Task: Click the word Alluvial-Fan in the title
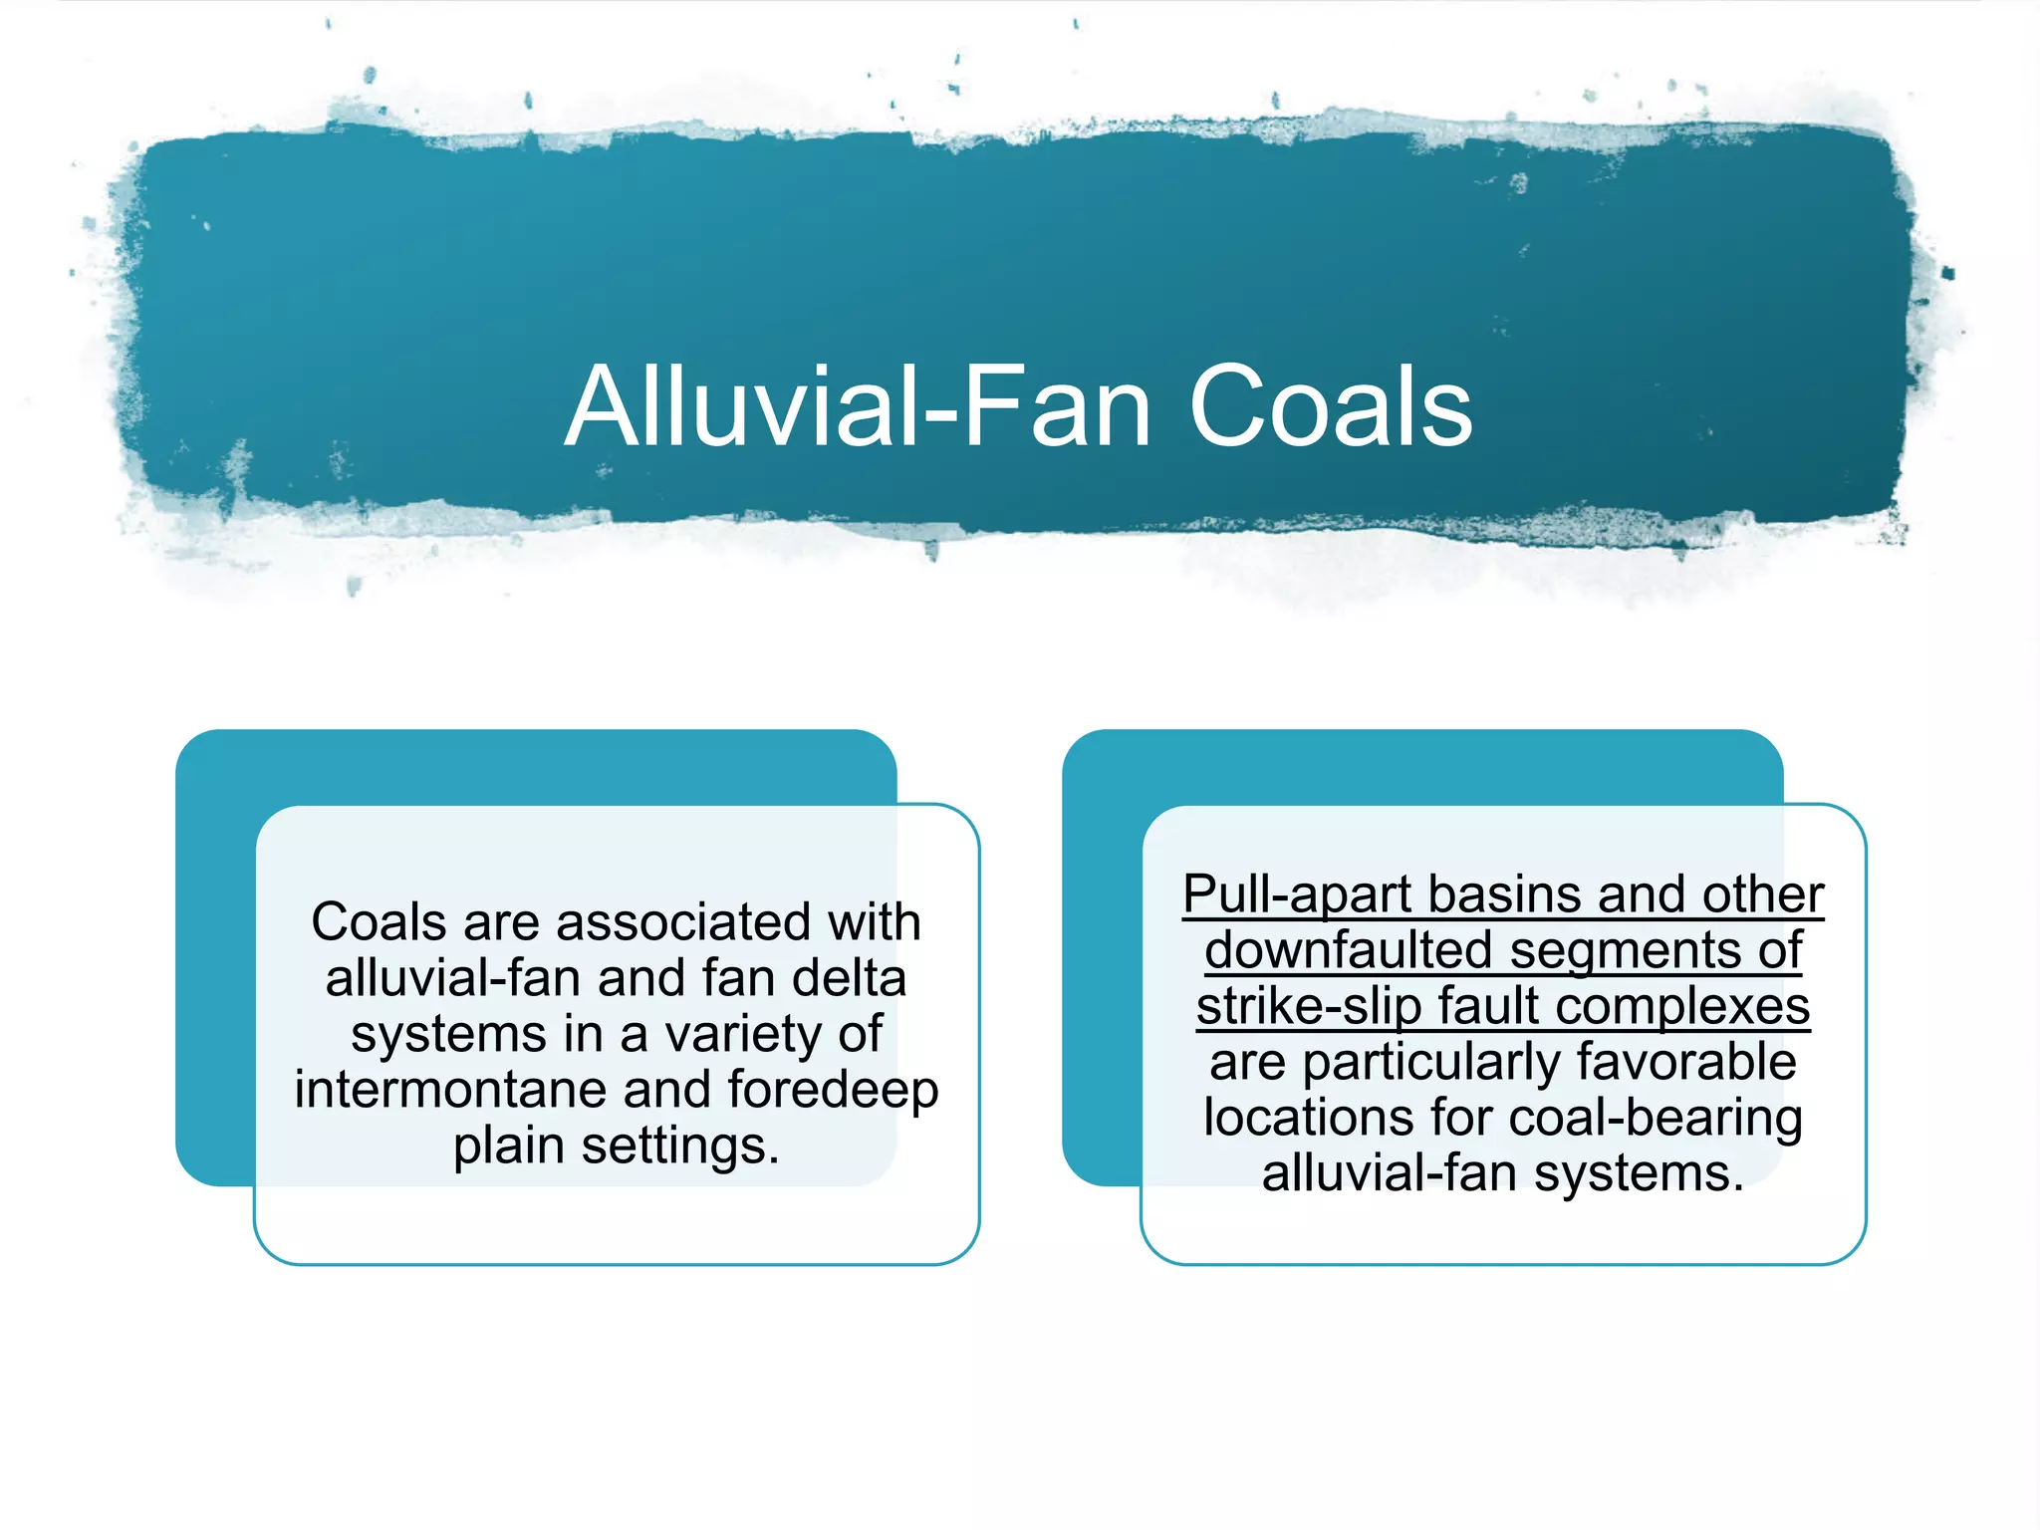tap(858, 406)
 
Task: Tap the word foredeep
tap(833, 1091)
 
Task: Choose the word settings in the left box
tap(680, 1147)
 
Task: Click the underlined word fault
tap(1488, 1006)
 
